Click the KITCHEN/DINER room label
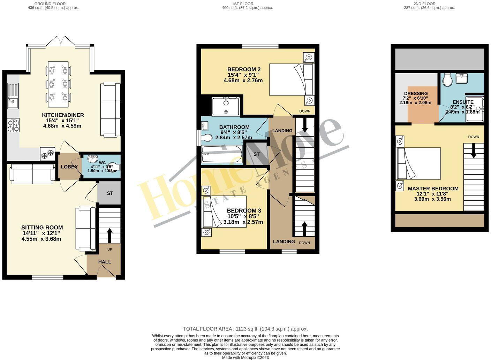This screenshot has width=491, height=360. [63, 115]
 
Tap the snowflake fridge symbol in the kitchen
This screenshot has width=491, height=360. [47, 154]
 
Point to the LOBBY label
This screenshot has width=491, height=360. [69, 167]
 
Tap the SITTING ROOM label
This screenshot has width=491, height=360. [42, 228]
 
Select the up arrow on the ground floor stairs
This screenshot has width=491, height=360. [109, 235]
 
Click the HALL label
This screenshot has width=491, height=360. [105, 262]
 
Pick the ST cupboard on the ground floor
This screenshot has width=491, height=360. [109, 193]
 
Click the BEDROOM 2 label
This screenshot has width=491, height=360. [244, 69]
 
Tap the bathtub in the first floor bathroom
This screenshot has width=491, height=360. [222, 154]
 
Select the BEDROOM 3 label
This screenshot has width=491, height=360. [244, 211]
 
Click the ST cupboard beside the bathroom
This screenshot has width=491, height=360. [256, 154]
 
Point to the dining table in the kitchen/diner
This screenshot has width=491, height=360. [58, 85]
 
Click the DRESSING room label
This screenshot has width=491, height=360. [416, 93]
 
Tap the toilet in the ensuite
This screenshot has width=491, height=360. [447, 80]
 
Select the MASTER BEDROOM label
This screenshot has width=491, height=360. [433, 189]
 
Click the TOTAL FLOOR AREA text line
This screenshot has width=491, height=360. [245, 329]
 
